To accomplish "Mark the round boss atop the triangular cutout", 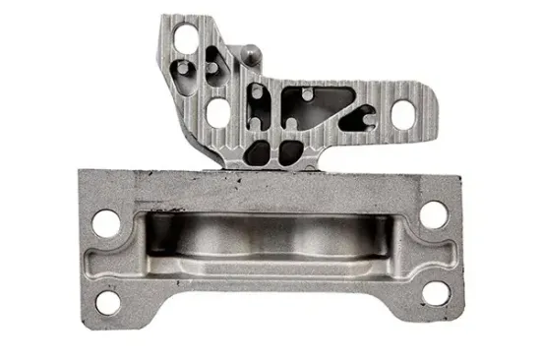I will point(309,91).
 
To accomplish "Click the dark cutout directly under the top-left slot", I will point(185,71).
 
